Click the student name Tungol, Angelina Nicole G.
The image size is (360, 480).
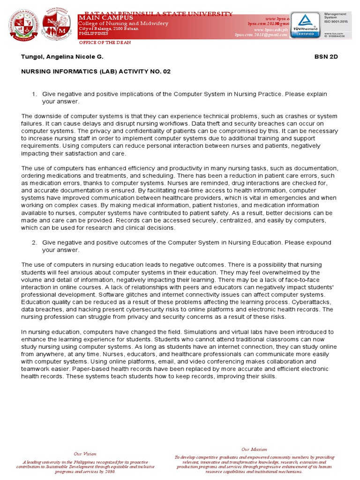point(62,57)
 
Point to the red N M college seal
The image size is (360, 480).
point(57,25)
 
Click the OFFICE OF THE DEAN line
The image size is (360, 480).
point(105,43)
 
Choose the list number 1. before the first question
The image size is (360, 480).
point(34,94)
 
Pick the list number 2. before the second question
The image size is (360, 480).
point(34,242)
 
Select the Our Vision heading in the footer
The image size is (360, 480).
point(85,454)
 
